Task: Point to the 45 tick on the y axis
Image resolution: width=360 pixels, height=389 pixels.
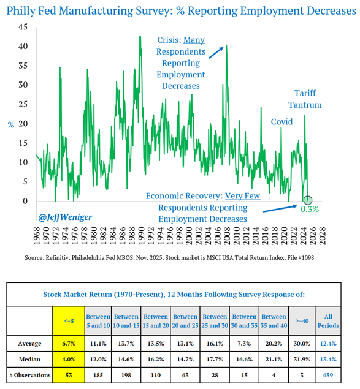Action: [x=23, y=28]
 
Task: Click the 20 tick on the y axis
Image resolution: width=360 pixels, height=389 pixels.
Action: [x=23, y=123]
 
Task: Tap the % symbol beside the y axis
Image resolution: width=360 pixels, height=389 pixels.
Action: [x=10, y=124]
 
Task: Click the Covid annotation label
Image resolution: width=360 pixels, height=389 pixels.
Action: [x=281, y=122]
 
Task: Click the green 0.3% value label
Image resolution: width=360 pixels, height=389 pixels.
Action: [x=310, y=209]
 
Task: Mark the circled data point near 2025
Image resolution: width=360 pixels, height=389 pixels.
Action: [x=308, y=200]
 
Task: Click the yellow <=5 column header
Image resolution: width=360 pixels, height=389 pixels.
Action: [x=69, y=321]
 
